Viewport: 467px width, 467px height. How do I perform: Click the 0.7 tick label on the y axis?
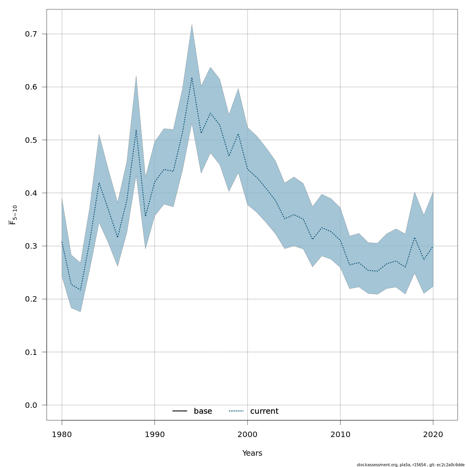pos(31,34)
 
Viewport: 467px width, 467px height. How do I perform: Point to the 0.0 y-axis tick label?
pos(31,406)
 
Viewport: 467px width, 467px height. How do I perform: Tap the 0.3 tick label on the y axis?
pos(31,246)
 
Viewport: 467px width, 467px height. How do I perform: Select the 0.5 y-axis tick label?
pos(31,140)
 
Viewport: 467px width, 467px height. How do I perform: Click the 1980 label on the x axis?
pos(62,434)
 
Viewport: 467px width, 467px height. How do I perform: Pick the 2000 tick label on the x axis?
pos(248,434)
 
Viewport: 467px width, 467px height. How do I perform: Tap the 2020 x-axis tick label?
pos(433,434)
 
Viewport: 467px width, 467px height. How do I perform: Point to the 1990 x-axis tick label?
pos(154,434)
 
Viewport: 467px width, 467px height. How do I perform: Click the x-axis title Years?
pos(252,453)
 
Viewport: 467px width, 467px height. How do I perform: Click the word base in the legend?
pos(203,411)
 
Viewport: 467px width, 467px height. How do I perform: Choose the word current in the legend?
pos(264,411)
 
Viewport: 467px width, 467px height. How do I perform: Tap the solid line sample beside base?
pos(180,411)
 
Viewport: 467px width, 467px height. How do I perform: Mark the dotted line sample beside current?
pos(236,411)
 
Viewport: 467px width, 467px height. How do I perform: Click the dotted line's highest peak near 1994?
pos(192,77)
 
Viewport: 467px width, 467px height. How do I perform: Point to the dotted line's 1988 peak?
pos(136,130)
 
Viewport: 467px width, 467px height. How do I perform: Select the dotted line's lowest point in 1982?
pos(81,290)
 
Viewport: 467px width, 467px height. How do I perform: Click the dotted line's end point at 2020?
pos(433,246)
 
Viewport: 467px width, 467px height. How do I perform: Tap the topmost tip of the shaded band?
pos(192,25)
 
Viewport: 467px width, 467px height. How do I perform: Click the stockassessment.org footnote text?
pos(411,465)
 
